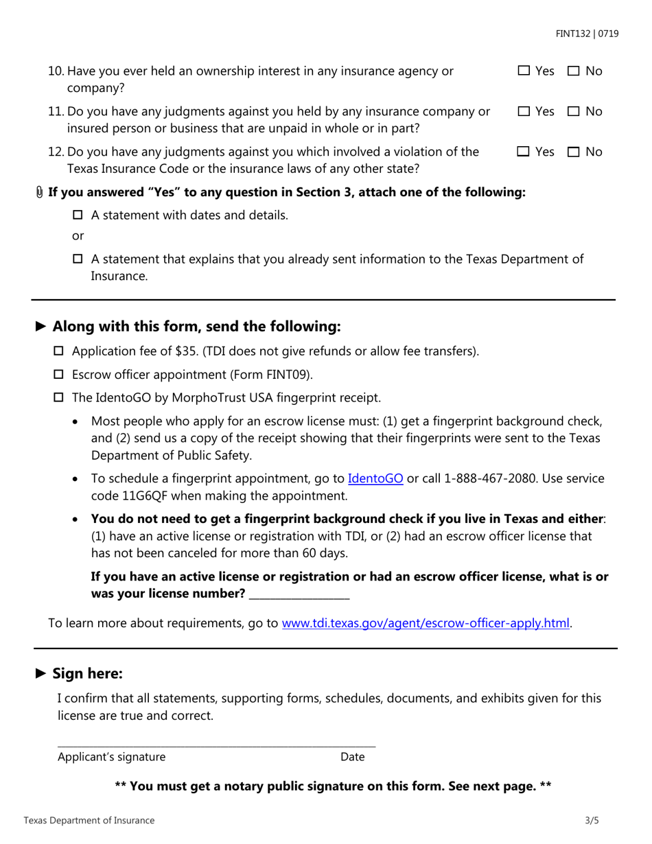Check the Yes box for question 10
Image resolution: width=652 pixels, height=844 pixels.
coord(524,71)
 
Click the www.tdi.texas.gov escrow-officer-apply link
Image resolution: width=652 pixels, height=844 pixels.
coord(426,623)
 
